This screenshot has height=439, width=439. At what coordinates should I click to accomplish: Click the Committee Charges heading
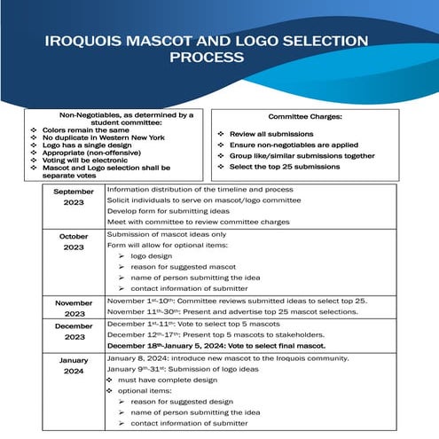[x=307, y=117]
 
